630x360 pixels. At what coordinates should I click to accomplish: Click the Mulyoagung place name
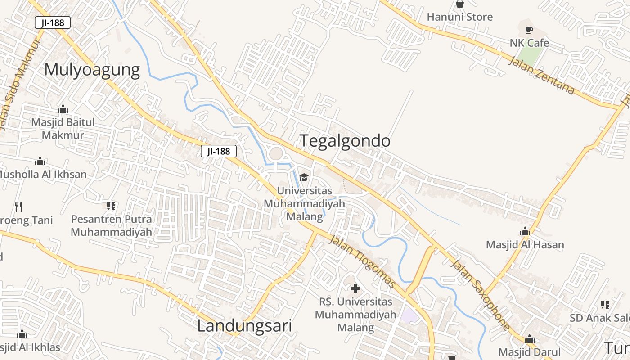click(x=92, y=70)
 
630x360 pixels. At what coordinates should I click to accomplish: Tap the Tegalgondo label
click(x=345, y=141)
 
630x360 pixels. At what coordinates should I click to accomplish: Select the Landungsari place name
click(x=244, y=326)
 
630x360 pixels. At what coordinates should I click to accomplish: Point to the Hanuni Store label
click(x=459, y=17)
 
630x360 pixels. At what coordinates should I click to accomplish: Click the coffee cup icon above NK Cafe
click(x=529, y=30)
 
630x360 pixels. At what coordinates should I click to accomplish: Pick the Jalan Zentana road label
click(x=541, y=75)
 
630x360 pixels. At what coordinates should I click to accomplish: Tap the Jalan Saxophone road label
click(x=481, y=294)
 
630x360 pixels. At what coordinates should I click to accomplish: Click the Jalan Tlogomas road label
click(x=362, y=261)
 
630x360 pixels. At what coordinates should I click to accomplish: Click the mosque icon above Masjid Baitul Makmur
click(x=63, y=109)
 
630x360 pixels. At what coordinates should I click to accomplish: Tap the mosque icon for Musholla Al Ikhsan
click(x=40, y=161)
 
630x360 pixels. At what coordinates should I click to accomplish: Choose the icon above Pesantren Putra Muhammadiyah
click(x=111, y=206)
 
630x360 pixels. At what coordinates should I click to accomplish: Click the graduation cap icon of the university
click(x=304, y=177)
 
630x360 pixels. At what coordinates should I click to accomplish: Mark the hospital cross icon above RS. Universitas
click(x=355, y=288)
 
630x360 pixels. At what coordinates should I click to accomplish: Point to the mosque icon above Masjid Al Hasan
click(x=525, y=232)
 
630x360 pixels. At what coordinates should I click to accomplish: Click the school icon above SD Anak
click(x=605, y=305)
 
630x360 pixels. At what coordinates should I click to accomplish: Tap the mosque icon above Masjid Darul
click(x=530, y=339)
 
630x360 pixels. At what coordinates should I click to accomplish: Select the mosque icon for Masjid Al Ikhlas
click(x=22, y=334)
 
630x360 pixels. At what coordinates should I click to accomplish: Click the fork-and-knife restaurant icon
click(x=18, y=207)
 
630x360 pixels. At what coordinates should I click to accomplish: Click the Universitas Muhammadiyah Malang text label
click(x=304, y=203)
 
